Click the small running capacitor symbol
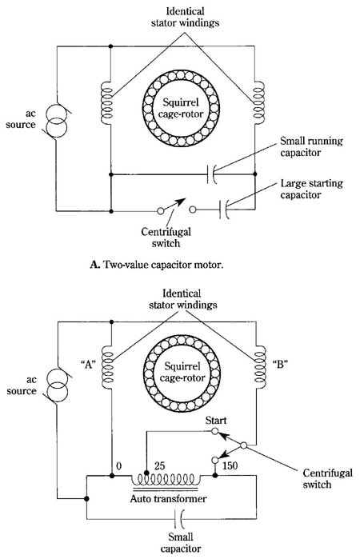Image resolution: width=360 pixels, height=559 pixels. click(x=211, y=174)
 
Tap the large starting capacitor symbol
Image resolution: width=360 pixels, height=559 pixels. click(x=224, y=210)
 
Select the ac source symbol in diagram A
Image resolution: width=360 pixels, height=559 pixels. click(x=56, y=122)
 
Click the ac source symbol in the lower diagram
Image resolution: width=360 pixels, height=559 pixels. click(x=57, y=385)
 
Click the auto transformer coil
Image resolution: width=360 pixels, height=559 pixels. click(x=164, y=478)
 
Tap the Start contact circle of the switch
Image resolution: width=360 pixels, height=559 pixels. click(x=214, y=431)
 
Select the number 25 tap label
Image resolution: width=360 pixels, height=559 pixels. click(x=159, y=466)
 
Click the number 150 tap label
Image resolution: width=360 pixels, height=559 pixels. click(x=230, y=465)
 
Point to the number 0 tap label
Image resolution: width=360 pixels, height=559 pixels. click(x=119, y=466)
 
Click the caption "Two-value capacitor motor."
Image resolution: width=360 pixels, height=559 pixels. click(x=162, y=265)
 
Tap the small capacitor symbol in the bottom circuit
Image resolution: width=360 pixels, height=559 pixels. click(x=179, y=519)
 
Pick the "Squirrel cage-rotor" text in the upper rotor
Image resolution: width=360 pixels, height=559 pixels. click(x=181, y=108)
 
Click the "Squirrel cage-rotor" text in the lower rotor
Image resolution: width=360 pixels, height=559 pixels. click(x=182, y=372)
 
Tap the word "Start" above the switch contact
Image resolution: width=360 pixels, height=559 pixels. click(x=216, y=421)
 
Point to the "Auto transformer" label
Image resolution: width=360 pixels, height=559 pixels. click(x=168, y=498)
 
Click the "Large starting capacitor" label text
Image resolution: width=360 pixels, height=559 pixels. click(x=311, y=189)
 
